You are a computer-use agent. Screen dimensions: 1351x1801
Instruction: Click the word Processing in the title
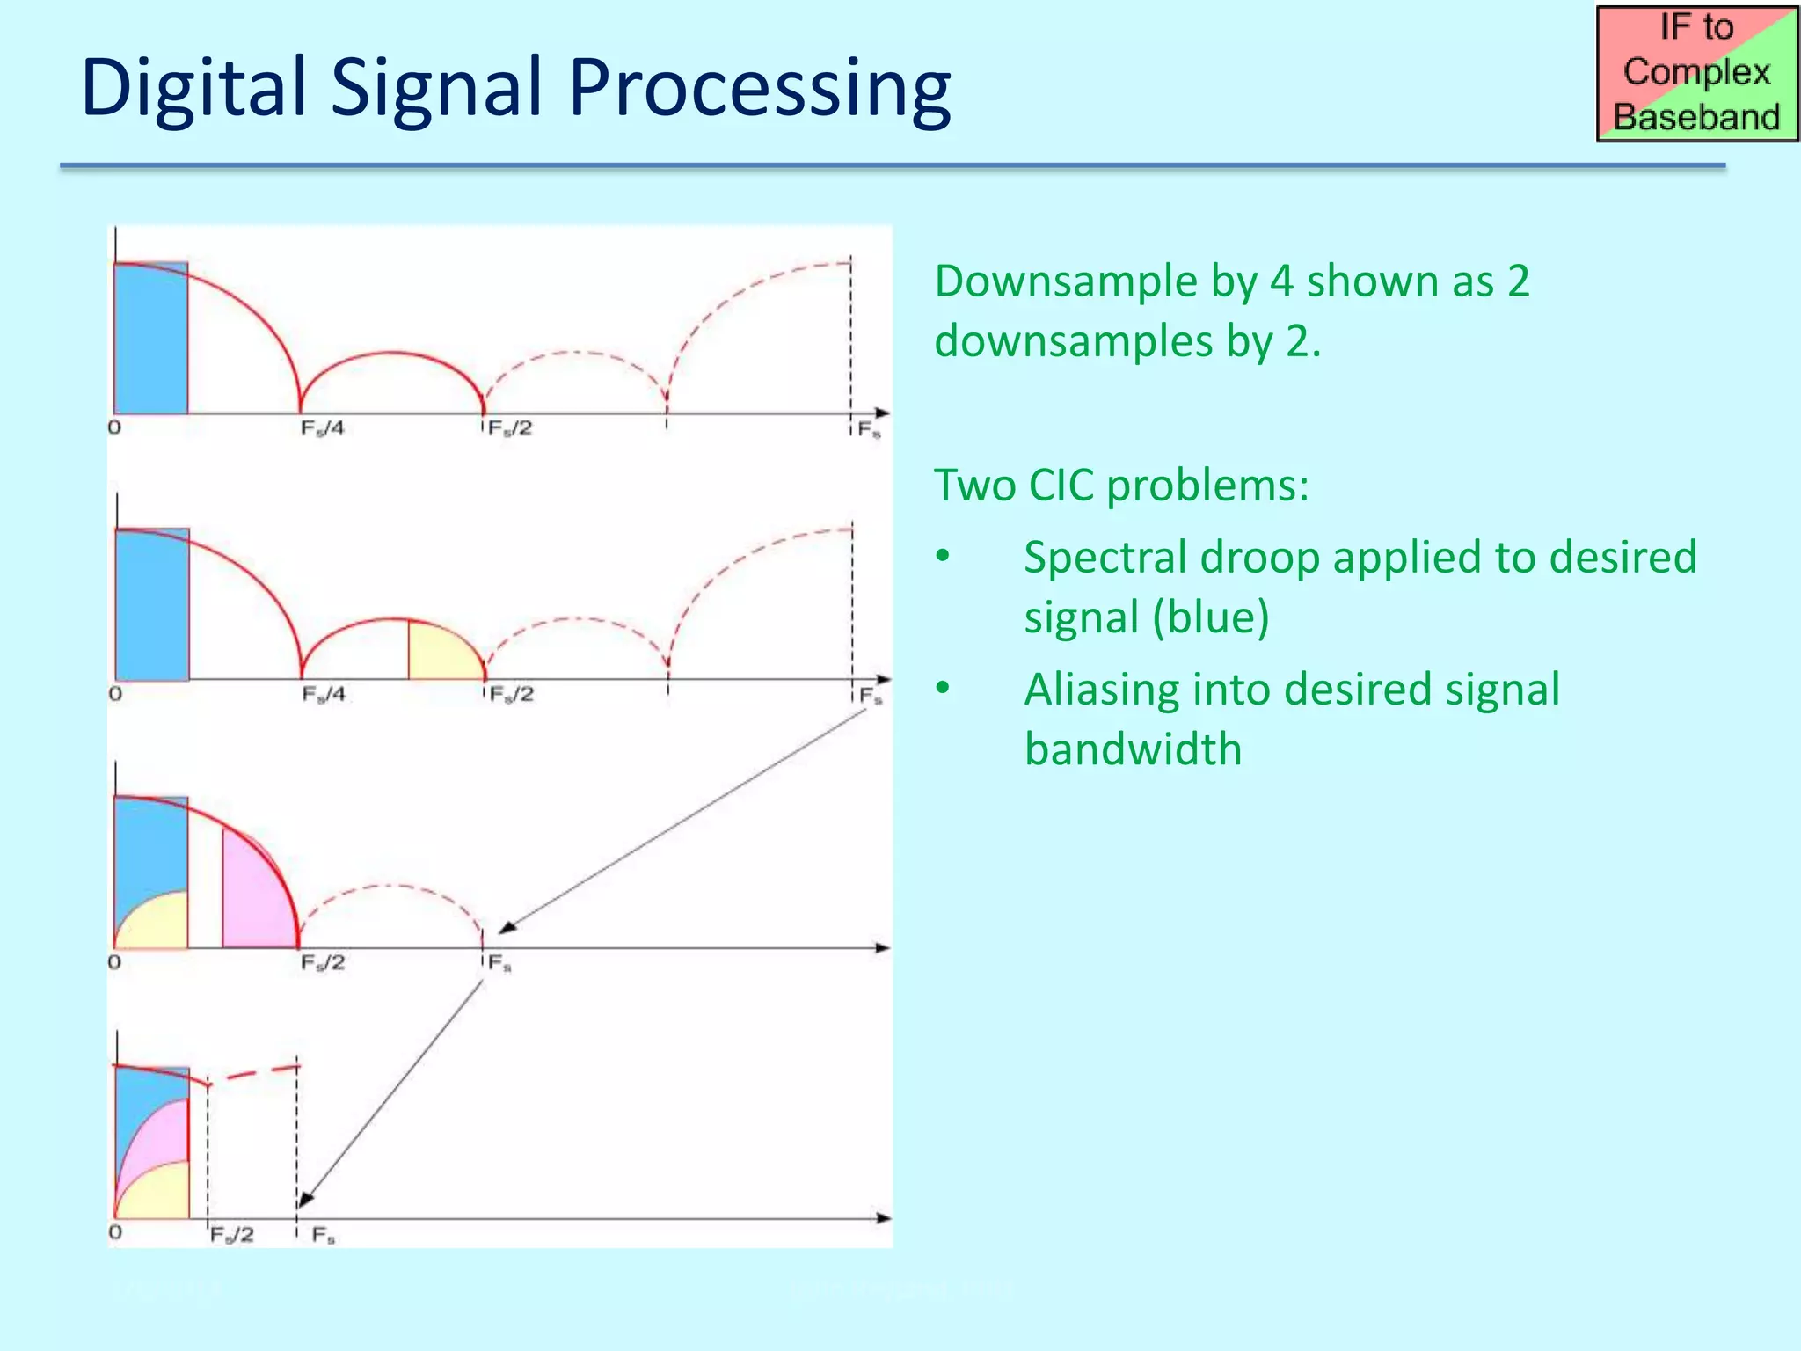point(759,88)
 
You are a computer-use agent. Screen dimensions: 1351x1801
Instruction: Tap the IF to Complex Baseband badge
point(1696,74)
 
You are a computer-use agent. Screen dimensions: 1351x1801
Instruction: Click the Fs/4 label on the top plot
point(322,428)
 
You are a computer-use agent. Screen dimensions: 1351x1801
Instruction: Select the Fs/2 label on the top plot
point(510,428)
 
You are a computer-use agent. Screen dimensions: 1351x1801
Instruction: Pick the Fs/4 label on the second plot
point(324,695)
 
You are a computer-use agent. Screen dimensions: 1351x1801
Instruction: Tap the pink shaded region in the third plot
point(257,897)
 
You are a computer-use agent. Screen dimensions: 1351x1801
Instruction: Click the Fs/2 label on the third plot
point(323,963)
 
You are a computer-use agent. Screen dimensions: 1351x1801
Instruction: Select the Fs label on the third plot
point(499,964)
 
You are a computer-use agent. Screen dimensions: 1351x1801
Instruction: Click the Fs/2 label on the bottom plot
point(232,1235)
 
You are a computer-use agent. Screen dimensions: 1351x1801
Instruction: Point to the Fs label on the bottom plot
point(323,1236)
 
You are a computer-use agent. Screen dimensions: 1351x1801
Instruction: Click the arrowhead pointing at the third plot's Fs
point(507,927)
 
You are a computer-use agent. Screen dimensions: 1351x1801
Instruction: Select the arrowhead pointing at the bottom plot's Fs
point(305,1200)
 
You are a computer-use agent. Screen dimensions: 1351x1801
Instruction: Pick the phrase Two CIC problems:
point(1121,485)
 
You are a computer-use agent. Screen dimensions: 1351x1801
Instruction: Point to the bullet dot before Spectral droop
point(944,557)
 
